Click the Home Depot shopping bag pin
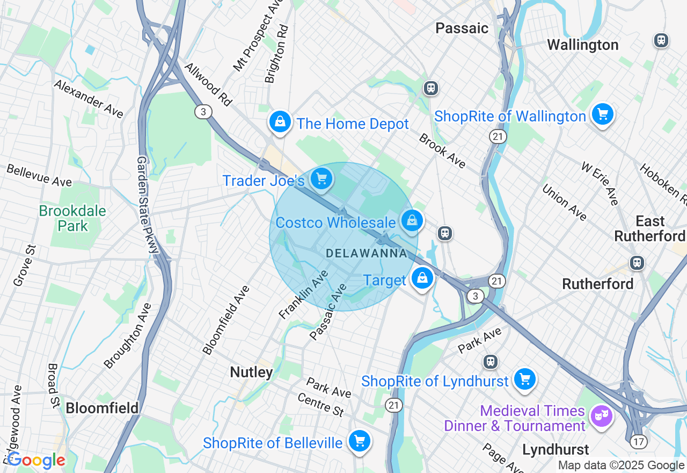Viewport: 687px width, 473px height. click(x=280, y=122)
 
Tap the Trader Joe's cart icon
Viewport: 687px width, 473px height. click(x=321, y=178)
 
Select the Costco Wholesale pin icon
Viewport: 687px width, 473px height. click(x=412, y=221)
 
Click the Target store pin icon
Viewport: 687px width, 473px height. click(x=422, y=278)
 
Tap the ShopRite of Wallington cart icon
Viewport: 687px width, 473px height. click(x=602, y=114)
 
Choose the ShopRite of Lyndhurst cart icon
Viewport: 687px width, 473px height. click(x=524, y=379)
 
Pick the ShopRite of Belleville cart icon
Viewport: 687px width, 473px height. click(x=359, y=441)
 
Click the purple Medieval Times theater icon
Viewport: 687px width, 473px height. click(x=601, y=415)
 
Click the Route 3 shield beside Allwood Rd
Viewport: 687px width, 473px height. click(x=203, y=112)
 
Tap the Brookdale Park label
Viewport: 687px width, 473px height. click(x=72, y=218)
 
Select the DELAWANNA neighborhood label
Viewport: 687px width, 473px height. click(x=367, y=253)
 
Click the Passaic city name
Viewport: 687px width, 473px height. click(x=462, y=28)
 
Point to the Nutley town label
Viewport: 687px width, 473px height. click(x=251, y=372)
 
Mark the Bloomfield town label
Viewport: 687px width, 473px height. click(x=102, y=408)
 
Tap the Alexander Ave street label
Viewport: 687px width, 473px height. click(x=89, y=99)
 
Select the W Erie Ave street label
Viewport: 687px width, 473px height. click(x=600, y=183)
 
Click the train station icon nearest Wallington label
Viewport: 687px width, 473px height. click(x=661, y=40)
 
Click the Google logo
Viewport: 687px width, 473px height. click(x=36, y=460)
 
